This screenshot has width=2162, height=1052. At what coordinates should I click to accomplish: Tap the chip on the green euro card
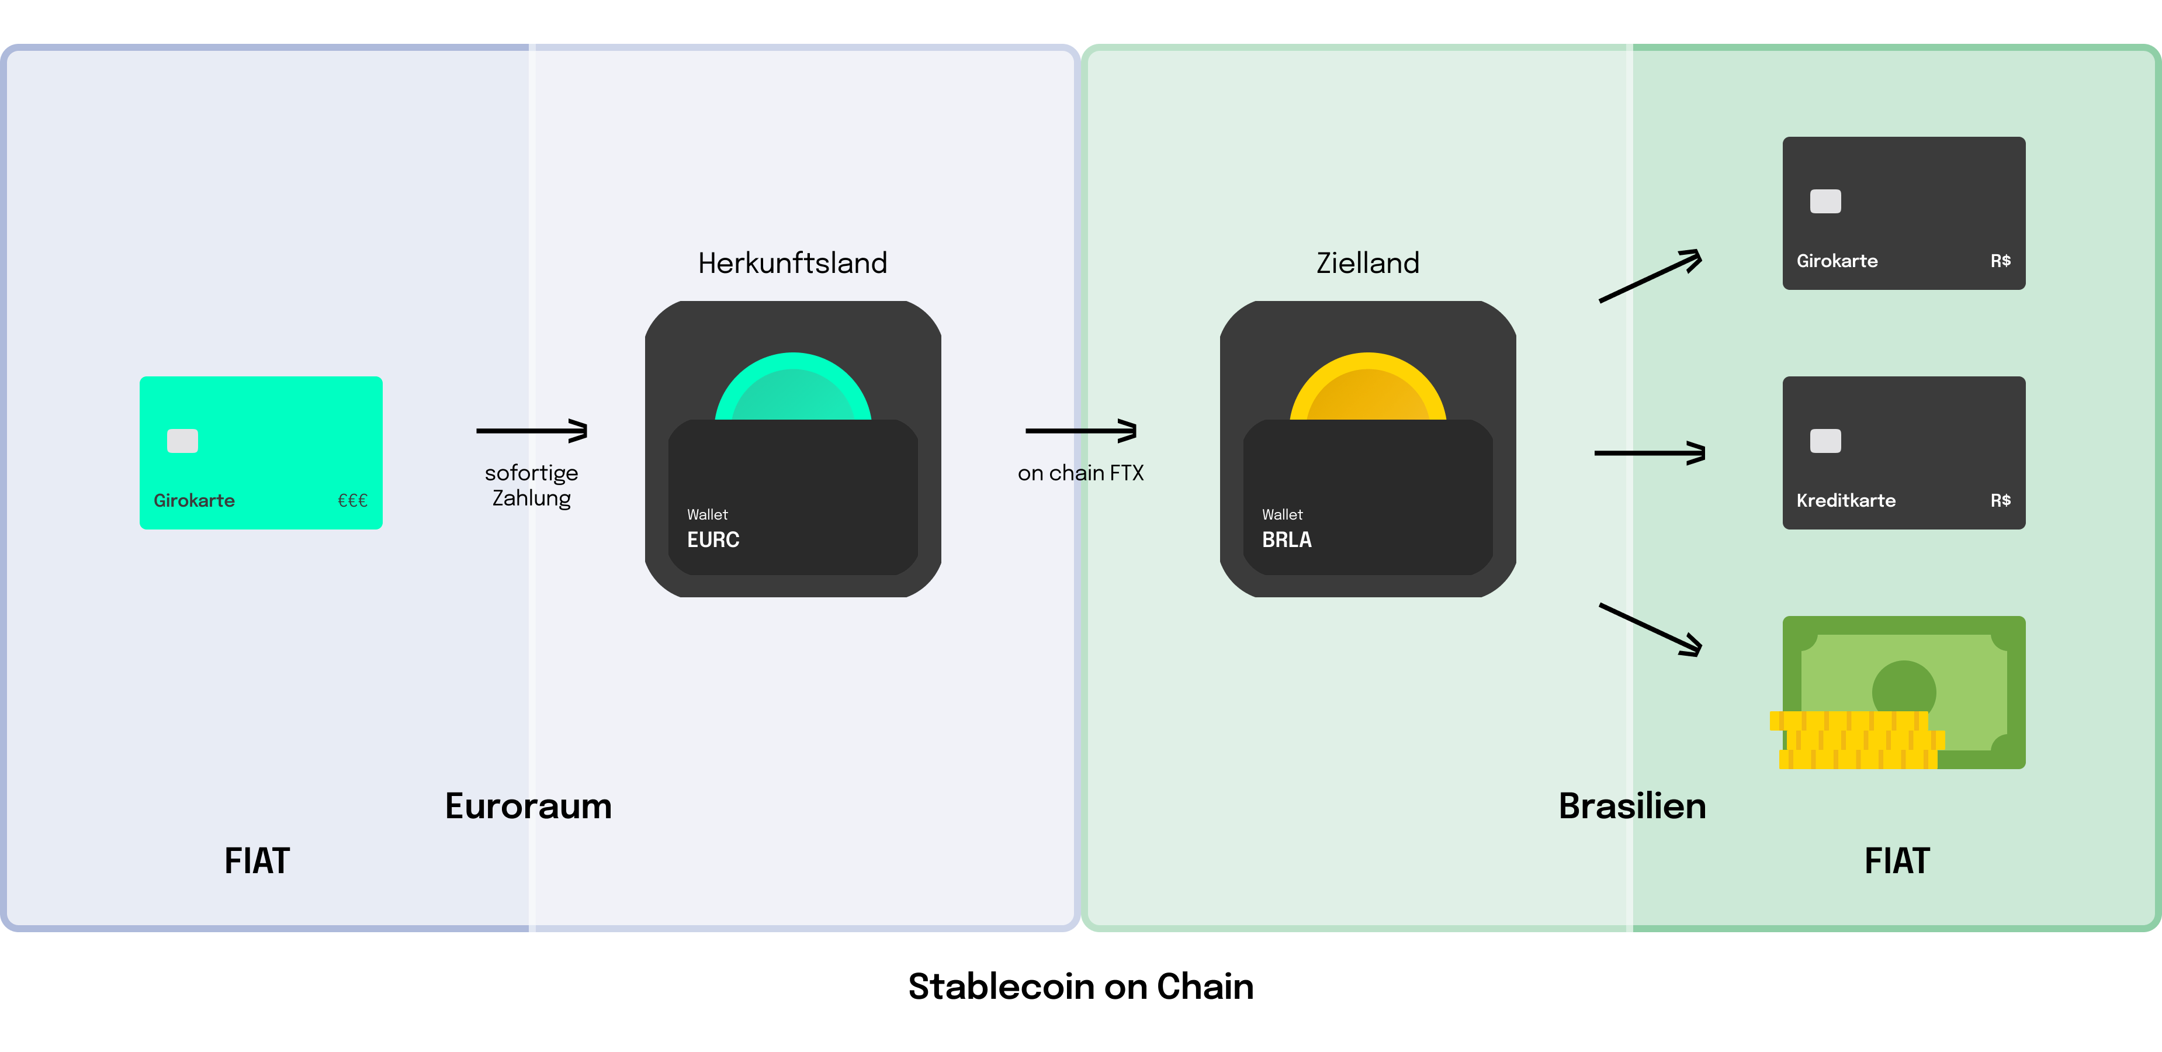click(182, 441)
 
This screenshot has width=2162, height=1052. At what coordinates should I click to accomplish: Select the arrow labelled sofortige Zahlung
click(532, 431)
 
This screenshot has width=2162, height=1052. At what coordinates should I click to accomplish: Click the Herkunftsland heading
click(792, 263)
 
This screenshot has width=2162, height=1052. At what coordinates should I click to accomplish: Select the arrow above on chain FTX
click(1081, 431)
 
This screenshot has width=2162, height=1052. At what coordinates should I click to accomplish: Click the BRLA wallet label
click(1287, 539)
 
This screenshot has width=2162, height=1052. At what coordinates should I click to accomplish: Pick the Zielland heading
click(1367, 263)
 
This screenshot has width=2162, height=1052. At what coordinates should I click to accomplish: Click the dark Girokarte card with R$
click(1904, 213)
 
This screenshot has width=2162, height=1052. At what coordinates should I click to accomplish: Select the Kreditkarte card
click(1904, 452)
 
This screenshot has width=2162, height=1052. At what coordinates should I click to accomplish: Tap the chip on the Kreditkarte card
click(1825, 441)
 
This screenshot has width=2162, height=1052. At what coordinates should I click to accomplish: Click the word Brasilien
click(1631, 806)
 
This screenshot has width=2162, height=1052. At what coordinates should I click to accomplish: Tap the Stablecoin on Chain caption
click(1080, 987)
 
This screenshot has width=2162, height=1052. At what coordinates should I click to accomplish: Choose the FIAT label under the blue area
click(257, 860)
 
